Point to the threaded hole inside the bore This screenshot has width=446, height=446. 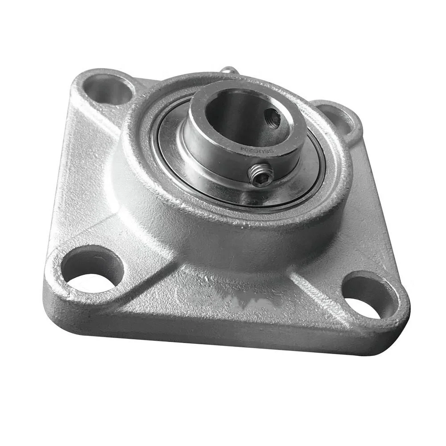(272, 118)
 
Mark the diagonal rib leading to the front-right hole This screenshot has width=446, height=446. (312, 277)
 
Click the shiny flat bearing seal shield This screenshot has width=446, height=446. (285, 187)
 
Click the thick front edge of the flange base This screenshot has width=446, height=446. (223, 334)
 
